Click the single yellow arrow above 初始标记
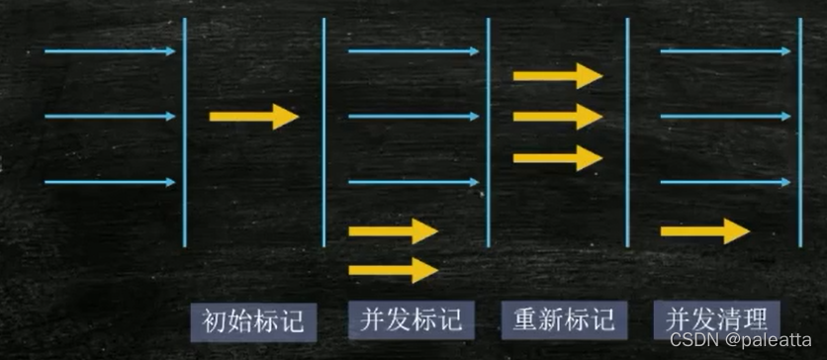tap(253, 117)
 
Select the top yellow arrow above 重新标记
tap(557, 75)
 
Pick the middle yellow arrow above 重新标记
tap(557, 117)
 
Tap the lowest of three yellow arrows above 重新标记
tap(557, 157)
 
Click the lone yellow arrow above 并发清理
tap(704, 231)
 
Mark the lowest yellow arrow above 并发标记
tap(393, 269)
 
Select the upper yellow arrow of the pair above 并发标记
tap(393, 231)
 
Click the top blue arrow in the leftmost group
tap(110, 51)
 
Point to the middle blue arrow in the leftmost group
tap(110, 117)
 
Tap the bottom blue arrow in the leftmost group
tap(110, 182)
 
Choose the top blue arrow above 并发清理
tap(725, 51)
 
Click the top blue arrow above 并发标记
tap(413, 51)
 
